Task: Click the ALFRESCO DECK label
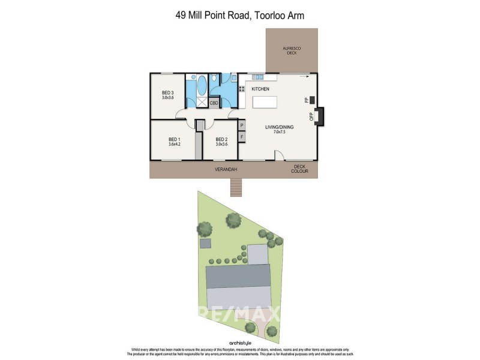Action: click(292, 50)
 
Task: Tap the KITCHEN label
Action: click(260, 89)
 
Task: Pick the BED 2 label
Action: click(221, 139)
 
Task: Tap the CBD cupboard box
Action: click(214, 103)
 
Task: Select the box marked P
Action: click(242, 126)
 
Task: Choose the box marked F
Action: click(242, 137)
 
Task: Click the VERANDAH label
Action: click(226, 170)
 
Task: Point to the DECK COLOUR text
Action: click(299, 169)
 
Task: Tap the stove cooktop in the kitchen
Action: click(242, 89)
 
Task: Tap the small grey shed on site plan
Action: click(207, 244)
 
